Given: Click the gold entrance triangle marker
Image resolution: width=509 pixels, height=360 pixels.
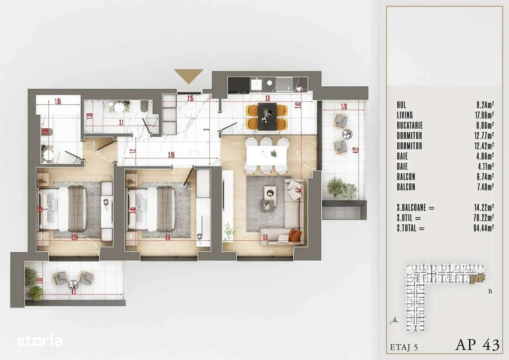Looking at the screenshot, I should pyautogui.click(x=188, y=75).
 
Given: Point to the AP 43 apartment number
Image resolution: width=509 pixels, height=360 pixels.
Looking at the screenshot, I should pyautogui.click(x=477, y=345).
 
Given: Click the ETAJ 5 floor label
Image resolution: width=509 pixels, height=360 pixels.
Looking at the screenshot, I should pyautogui.click(x=404, y=347).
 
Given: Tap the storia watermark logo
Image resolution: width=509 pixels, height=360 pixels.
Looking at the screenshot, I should pyautogui.click(x=39, y=341).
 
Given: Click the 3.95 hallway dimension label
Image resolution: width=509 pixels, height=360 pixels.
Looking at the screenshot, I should pyautogui.click(x=171, y=155).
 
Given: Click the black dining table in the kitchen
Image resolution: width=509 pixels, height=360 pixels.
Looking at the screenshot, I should pyautogui.click(x=267, y=116).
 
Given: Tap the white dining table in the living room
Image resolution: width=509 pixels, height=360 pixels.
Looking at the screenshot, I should pyautogui.click(x=266, y=155).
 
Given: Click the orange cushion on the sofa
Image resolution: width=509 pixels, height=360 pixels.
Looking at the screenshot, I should pyautogui.click(x=295, y=235).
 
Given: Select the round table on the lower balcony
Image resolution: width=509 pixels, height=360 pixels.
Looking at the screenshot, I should pyautogui.click(x=73, y=284).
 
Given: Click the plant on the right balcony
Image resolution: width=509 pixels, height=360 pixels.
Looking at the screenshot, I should pyautogui.click(x=342, y=189).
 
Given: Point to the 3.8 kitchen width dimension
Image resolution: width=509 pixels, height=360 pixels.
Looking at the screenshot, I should pyautogui.click(x=267, y=98).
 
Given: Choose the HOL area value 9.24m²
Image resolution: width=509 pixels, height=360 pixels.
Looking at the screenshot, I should pyautogui.click(x=485, y=105).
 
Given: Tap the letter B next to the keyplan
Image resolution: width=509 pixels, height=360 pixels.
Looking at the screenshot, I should pyautogui.click(x=490, y=291).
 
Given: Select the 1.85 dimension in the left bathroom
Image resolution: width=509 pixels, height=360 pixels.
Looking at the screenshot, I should pyautogui.click(x=58, y=101).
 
